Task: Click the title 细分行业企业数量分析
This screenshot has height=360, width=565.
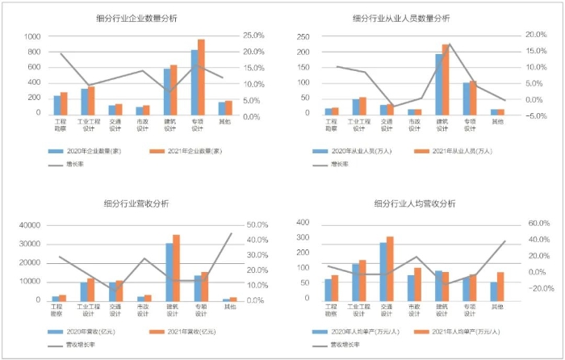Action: coord(136,18)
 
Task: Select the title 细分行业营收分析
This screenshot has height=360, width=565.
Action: coord(136,204)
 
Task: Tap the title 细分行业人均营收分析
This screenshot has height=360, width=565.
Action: coord(414,204)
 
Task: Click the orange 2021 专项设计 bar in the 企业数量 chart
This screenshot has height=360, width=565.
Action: coord(201,77)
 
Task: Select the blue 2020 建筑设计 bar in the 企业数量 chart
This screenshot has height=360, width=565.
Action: coord(167,91)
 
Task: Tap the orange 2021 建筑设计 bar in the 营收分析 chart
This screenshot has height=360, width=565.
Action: coord(176,267)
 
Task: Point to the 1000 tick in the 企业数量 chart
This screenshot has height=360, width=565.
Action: coord(32,37)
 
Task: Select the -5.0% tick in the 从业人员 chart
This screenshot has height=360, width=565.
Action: coord(536,116)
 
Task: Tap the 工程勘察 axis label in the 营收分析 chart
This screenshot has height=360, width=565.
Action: coord(56,310)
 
